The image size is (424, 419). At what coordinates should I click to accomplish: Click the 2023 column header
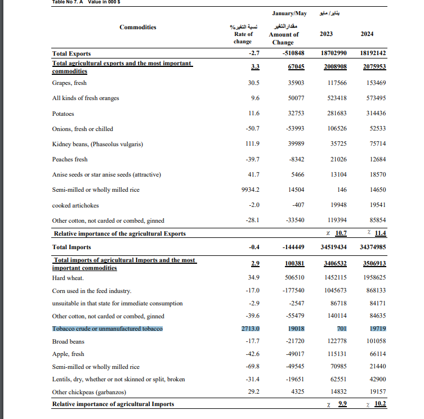coord(325,34)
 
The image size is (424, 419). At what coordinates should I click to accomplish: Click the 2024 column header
coord(367,34)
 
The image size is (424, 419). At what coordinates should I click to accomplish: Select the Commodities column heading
coord(138,27)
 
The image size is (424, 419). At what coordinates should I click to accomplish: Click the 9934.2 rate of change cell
coord(249,190)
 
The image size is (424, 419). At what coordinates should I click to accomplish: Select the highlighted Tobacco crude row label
coord(108,328)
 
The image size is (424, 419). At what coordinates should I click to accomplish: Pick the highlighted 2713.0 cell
coord(250,328)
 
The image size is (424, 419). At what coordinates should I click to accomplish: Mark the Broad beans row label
coord(68,341)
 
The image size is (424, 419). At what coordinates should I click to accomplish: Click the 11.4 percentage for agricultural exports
coord(380,233)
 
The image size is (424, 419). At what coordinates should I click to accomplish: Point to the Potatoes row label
coord(63,113)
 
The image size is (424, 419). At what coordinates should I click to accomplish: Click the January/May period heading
coord(289,12)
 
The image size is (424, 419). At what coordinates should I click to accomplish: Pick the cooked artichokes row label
coord(75,205)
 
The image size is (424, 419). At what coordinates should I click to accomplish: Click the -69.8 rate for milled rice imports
coord(251,367)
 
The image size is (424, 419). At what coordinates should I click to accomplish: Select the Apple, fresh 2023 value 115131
coord(335,354)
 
